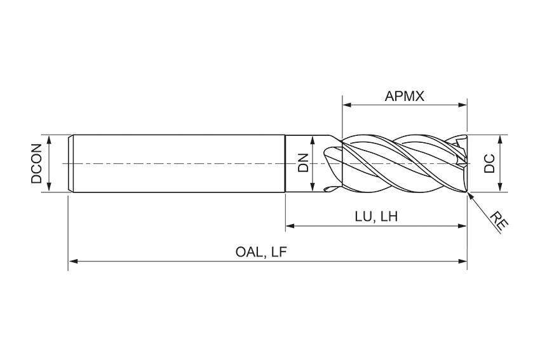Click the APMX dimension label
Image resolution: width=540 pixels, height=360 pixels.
405,97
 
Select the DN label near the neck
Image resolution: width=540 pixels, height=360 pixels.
303,163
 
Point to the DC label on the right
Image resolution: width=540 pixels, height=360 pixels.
489,163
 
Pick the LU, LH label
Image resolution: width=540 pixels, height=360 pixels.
376,216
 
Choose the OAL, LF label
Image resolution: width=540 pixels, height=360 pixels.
262,252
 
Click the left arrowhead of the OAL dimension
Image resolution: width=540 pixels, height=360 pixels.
72,260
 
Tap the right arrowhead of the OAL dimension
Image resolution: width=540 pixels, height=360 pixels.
463,260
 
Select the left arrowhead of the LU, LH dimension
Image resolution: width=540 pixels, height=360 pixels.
290,225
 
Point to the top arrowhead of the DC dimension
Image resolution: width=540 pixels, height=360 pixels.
501,139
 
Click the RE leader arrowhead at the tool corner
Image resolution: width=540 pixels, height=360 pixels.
470,196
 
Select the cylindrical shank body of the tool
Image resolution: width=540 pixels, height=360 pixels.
178,163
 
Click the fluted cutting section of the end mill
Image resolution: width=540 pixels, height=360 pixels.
400,163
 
